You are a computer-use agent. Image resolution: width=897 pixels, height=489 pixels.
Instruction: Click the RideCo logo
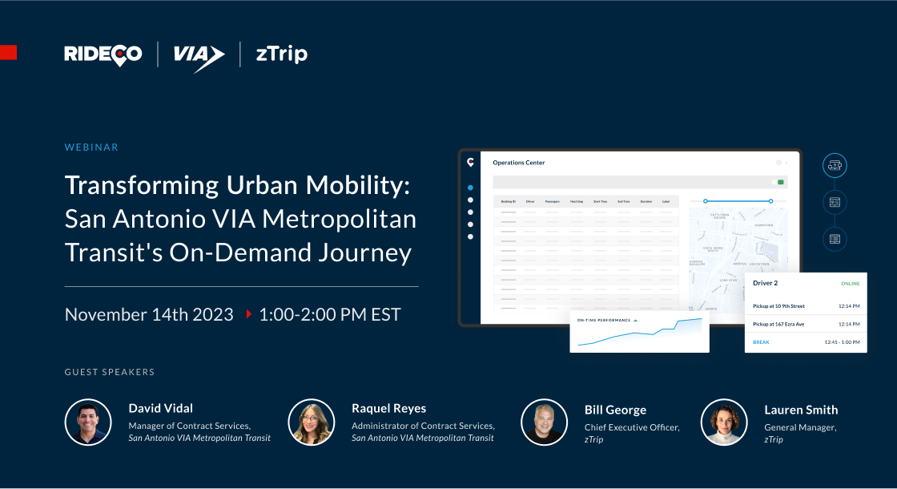coord(103,55)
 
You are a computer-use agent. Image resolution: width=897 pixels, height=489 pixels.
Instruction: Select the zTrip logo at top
coord(281,54)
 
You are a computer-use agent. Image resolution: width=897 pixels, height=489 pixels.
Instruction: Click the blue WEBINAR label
coord(91,148)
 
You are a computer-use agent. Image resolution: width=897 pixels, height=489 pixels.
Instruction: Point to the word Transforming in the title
coord(130,184)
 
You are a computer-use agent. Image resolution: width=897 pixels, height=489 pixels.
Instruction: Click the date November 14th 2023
coord(149,314)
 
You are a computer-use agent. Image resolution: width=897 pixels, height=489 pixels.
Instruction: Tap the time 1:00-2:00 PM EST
coord(329,314)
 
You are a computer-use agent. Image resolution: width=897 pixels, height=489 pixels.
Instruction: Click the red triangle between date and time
coord(249,314)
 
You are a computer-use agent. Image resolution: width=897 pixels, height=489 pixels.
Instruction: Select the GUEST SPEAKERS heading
coord(109,372)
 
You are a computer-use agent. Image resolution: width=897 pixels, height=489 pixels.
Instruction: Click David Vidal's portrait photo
coord(88,422)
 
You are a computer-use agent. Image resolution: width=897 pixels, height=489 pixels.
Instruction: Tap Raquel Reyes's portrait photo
coord(312,422)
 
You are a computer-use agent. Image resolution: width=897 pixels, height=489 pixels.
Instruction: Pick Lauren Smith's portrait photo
coord(724,422)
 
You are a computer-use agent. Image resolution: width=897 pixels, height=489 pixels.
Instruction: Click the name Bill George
coord(615,410)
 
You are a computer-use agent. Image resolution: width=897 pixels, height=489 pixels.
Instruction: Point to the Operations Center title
coord(518,163)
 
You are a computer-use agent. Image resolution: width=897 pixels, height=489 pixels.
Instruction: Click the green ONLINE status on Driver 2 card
coord(851,284)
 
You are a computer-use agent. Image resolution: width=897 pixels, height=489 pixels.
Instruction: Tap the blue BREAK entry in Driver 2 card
coord(761,342)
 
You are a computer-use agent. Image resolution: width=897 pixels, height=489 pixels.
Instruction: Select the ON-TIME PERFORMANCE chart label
coord(603,320)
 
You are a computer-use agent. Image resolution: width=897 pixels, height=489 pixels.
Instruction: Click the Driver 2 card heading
coord(766,283)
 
